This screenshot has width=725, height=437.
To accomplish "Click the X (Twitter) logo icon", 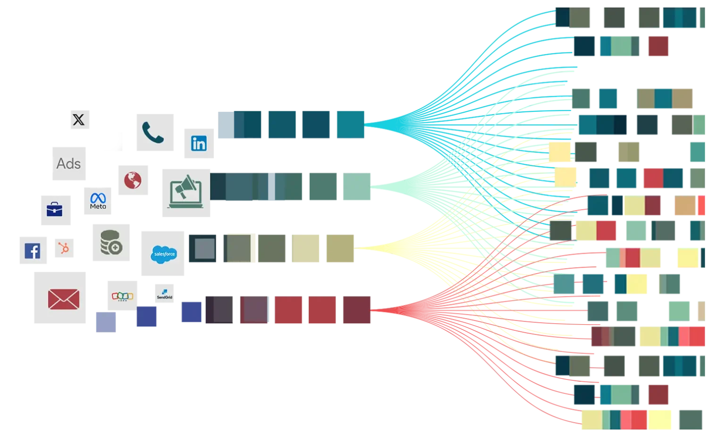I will (x=79, y=120).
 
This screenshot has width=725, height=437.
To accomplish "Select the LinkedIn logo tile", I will (x=198, y=143).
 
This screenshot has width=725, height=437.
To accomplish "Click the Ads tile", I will (x=68, y=163).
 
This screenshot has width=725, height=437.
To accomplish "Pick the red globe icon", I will (x=134, y=179).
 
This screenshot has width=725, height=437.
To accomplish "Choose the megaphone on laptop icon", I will (x=185, y=192).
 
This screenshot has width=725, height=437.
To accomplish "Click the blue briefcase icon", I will (x=54, y=209).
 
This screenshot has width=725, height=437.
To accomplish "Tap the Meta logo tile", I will (x=98, y=201).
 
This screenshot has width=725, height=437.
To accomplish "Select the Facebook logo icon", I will (x=33, y=251).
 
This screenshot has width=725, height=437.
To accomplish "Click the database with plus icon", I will (x=111, y=243).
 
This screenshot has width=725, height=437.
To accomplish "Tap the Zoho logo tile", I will (x=122, y=296).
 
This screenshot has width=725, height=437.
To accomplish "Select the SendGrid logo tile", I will (x=165, y=295).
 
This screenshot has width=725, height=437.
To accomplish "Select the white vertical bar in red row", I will (x=236, y=310).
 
